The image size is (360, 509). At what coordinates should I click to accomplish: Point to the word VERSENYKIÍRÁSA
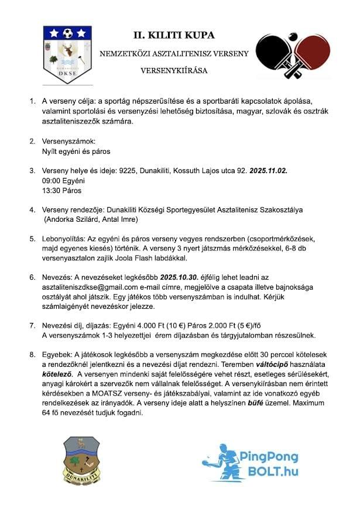[x=170, y=70]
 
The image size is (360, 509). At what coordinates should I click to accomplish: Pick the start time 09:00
[x=50, y=181]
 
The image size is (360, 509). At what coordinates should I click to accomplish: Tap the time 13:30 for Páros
[x=50, y=191]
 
